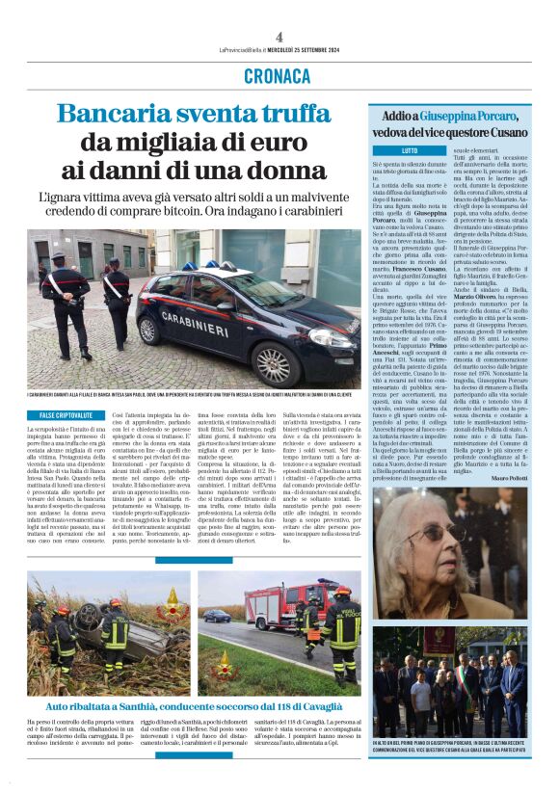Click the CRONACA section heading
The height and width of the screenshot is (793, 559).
[x=278, y=75]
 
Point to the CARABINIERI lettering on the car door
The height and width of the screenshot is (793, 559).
[x=196, y=317]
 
